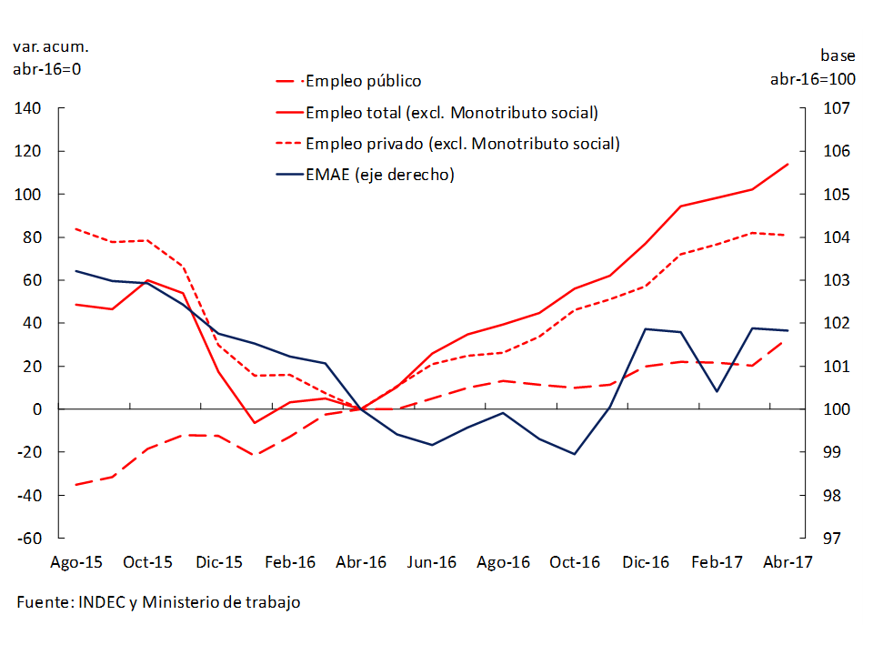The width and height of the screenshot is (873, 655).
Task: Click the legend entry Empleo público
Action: (363, 82)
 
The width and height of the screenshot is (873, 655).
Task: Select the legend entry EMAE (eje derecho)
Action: (379, 175)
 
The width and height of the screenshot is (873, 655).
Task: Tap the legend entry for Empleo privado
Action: (462, 144)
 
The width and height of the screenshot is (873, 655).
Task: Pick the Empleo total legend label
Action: (451, 113)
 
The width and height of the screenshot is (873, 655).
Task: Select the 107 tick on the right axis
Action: (836, 109)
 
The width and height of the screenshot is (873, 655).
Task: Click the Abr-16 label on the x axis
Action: (361, 562)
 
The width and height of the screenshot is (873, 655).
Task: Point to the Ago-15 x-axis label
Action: (75, 562)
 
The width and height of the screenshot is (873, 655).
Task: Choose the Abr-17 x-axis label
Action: (788, 562)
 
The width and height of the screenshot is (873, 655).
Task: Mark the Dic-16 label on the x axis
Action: (646, 562)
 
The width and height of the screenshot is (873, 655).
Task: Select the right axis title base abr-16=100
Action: (812, 67)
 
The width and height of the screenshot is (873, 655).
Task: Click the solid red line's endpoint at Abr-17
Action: (788, 165)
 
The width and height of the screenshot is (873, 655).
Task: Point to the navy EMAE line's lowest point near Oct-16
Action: (575, 454)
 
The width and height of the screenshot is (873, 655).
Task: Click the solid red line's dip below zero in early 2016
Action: (255, 423)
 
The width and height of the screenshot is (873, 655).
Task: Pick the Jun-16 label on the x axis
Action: (433, 562)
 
